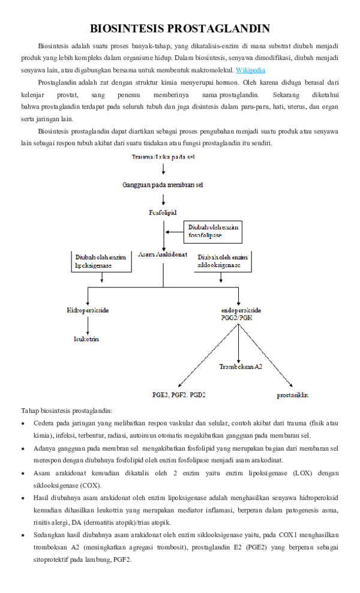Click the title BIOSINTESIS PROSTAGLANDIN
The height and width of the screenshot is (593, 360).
(x=180, y=29)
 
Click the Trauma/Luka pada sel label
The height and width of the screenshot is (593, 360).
(x=163, y=157)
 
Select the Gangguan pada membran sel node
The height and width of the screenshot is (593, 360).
(x=163, y=185)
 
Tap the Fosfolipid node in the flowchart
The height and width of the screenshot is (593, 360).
(x=163, y=212)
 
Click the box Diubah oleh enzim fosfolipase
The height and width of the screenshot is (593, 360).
(x=213, y=231)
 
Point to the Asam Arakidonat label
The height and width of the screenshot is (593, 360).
(x=163, y=254)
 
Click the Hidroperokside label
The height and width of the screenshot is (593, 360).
(x=88, y=310)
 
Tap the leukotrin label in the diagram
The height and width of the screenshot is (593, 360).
(x=86, y=339)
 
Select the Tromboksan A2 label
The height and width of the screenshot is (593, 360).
(x=240, y=366)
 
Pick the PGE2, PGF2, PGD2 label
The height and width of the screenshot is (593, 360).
(x=179, y=395)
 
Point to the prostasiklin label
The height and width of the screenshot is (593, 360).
(x=293, y=395)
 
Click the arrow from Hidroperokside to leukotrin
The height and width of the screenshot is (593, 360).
(x=88, y=325)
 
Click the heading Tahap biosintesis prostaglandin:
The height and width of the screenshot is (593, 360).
(x=67, y=411)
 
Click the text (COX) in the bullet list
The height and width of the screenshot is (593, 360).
(x=90, y=485)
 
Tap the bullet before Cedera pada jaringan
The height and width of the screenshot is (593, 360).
(x=23, y=423)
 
